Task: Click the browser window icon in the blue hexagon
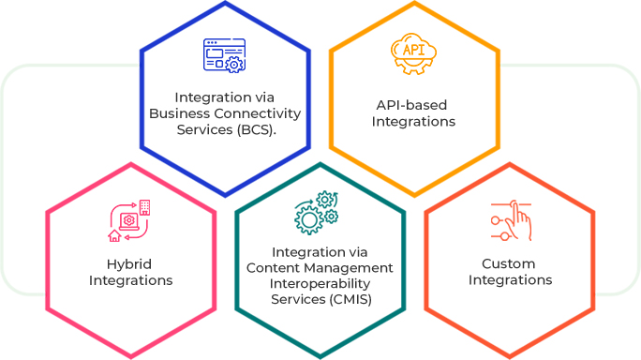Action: pos(224,55)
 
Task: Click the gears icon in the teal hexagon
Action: pos(316,213)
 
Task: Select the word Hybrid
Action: pos(130,263)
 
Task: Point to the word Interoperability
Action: pos(320,283)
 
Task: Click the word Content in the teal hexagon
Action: pos(273,268)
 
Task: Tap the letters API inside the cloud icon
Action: pos(413,49)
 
